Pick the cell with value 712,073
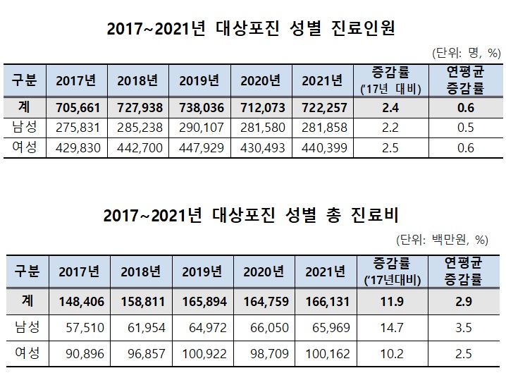pos(264,109)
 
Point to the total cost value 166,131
pos(326,301)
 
